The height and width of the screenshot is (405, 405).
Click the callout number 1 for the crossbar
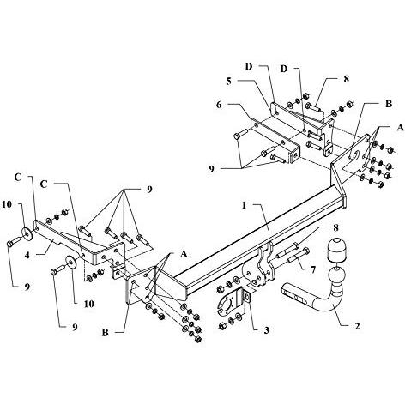244,205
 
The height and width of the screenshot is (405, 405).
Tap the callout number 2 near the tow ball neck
357,325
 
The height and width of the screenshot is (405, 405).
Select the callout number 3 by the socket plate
267,330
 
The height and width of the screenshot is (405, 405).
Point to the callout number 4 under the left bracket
27,255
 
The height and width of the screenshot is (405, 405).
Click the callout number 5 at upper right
228,82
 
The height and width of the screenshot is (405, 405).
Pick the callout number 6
219,105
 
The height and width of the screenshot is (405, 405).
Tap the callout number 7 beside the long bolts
313,269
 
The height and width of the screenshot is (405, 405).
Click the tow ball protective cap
336,250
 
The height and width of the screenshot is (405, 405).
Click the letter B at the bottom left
106,333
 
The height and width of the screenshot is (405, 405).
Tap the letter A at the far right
400,127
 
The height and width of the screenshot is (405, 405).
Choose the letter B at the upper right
389,104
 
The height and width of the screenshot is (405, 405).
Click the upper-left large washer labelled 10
27,234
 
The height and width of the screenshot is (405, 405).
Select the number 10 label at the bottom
88,304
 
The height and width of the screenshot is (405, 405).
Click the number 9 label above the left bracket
149,190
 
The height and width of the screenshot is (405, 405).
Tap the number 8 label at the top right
347,79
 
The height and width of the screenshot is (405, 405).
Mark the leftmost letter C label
18,178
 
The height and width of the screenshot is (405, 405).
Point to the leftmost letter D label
249,67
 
